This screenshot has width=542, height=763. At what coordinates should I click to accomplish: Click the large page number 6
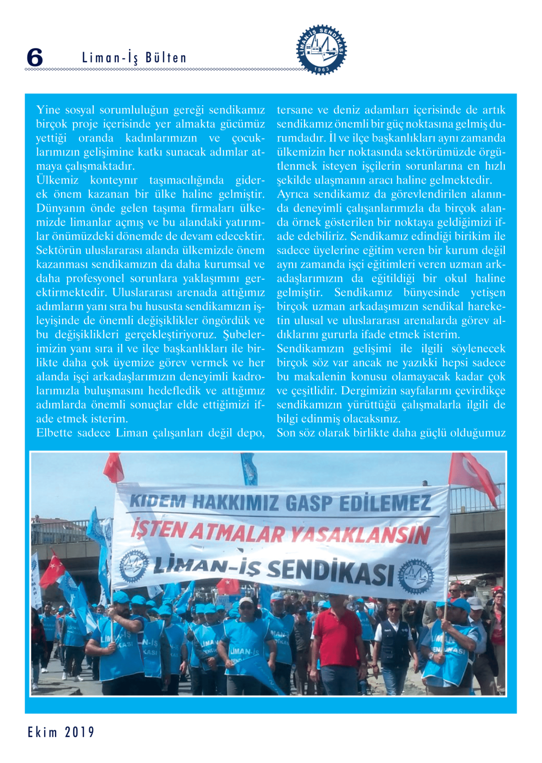[x=35, y=58]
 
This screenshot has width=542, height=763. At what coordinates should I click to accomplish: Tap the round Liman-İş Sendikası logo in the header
[x=321, y=49]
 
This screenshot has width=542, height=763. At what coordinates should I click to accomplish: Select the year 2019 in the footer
[x=79, y=732]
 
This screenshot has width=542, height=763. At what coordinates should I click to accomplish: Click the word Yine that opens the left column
[x=48, y=110]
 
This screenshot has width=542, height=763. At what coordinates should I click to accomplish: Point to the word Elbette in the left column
[x=54, y=433]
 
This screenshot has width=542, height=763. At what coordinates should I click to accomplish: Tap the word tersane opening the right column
[x=295, y=110]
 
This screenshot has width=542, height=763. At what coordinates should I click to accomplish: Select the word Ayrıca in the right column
[x=293, y=194]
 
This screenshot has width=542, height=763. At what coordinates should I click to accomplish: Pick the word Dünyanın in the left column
[x=57, y=208]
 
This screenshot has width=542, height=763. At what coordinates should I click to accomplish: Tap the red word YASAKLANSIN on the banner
[x=360, y=535]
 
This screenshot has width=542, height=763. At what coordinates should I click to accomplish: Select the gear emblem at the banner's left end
[x=133, y=565]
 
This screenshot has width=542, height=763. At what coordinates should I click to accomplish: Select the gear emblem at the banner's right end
[x=416, y=577]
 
